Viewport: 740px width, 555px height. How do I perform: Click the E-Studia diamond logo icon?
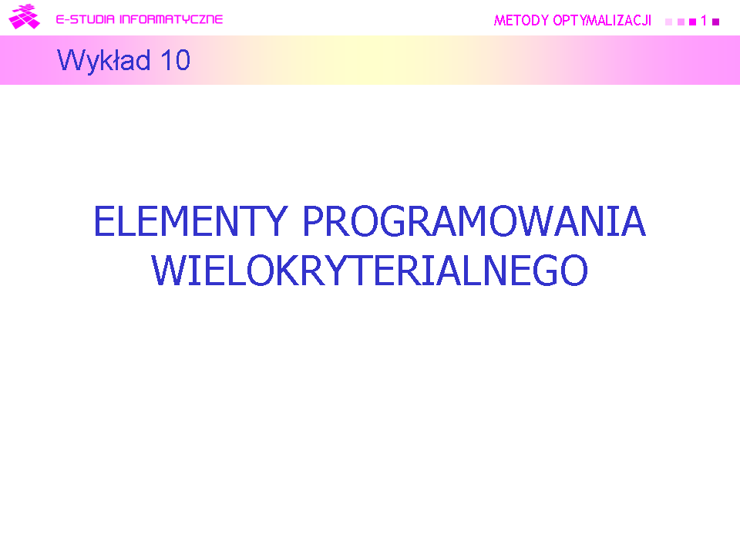24,16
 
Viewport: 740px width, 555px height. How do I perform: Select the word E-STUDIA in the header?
86,19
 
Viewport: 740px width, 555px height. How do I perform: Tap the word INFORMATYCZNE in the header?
171,19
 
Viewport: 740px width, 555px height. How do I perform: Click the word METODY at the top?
521,20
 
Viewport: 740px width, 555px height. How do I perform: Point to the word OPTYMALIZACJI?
602,20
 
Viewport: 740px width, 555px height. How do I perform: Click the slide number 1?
704,21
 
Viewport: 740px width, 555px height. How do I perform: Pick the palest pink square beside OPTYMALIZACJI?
668,22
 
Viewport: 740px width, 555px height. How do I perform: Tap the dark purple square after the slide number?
715,22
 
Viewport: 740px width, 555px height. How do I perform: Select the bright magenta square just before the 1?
692,22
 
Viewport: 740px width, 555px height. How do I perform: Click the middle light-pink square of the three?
681,22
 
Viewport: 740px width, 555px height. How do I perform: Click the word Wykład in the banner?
104,61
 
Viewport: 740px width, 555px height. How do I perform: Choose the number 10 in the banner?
175,60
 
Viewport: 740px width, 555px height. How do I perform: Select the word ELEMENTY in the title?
190,221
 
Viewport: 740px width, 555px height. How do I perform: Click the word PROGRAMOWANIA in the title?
474,221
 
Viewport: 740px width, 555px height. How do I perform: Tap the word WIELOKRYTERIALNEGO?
369,271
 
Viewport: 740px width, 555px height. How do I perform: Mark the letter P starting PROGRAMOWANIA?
312,221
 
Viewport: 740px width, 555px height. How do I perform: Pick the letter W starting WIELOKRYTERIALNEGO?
169,271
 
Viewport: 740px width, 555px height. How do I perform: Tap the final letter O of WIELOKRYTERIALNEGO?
573,271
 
